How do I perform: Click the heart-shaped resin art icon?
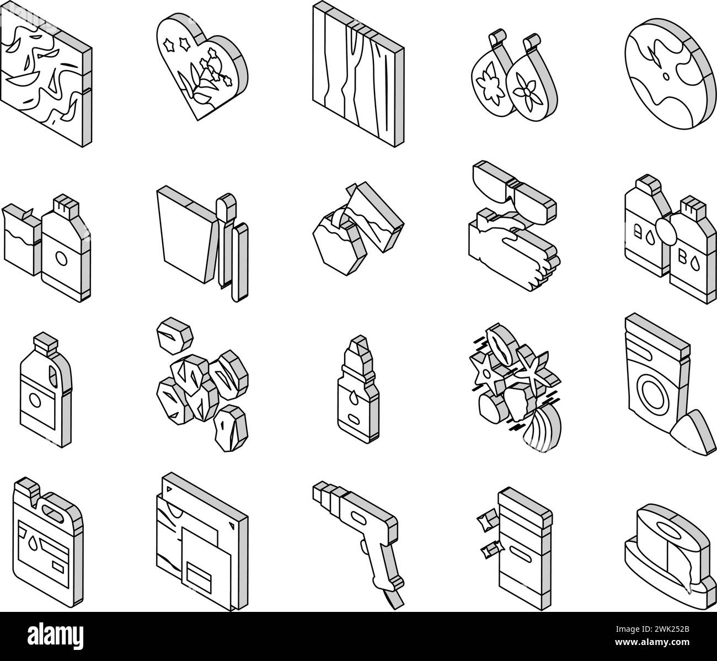202,66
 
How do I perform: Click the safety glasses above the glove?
514,193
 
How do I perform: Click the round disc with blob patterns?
671,73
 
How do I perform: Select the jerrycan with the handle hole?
48,543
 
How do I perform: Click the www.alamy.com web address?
652,642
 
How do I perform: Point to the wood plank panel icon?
358,73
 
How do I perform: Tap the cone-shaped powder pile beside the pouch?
693,432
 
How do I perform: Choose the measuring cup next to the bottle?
22,239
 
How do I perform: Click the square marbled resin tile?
46,75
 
